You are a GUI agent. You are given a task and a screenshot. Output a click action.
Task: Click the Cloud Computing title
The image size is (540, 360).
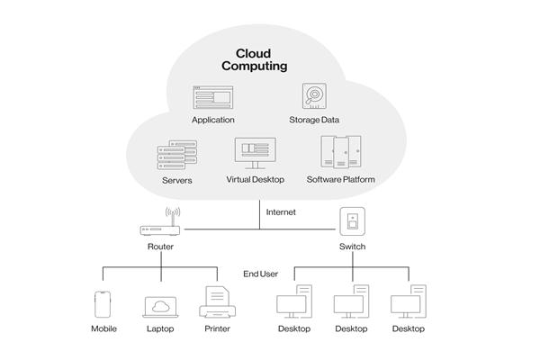tap(255, 59)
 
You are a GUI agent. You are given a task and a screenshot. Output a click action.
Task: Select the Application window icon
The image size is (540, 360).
tap(212, 97)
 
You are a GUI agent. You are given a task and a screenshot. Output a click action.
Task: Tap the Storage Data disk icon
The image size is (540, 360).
tap(313, 97)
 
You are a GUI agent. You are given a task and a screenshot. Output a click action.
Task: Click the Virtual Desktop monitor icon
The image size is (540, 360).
tap(255, 153)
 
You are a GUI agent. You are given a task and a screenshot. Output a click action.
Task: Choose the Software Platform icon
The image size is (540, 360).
tap(340, 153)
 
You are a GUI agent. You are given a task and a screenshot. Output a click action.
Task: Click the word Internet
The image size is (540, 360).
tap(281, 212)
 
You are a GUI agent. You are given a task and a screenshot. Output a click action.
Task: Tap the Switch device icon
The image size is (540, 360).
tap(351, 220)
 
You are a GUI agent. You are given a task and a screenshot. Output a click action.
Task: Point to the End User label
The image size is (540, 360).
tap(261, 273)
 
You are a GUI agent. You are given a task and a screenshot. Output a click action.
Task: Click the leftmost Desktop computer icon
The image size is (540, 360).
tap(293, 302)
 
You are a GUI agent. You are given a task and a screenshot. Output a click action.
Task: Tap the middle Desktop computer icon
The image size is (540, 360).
tap(351, 302)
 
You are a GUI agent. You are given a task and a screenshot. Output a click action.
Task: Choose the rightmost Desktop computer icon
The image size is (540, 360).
tap(409, 302)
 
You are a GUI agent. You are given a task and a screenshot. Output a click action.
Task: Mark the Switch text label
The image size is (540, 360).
tap(352, 246)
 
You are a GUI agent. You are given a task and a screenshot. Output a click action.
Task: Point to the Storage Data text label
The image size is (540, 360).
tap(313, 120)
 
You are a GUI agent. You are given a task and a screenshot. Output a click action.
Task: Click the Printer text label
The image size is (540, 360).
tap(216, 328)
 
